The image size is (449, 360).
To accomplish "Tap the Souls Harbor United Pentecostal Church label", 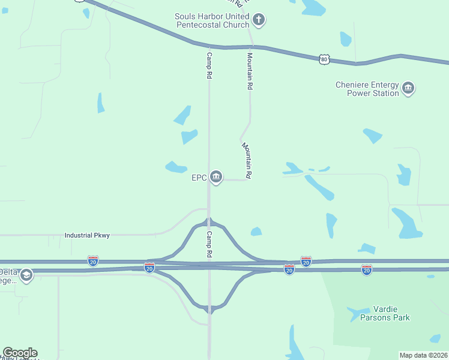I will (x=211, y=20).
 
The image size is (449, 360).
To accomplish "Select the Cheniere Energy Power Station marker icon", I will (x=408, y=89).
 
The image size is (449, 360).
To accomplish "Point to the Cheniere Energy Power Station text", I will (x=367, y=89).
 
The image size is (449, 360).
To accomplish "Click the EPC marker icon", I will (x=217, y=177).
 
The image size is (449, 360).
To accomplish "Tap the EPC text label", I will (x=199, y=178).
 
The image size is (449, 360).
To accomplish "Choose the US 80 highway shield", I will (x=324, y=59).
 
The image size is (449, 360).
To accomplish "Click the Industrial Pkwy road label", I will (x=87, y=236).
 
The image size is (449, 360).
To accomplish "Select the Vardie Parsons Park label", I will (x=385, y=313).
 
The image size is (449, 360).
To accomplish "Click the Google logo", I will (x=20, y=353).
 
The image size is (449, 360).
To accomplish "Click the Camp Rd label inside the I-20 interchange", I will (x=209, y=245).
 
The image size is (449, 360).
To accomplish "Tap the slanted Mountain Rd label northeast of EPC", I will (x=247, y=161).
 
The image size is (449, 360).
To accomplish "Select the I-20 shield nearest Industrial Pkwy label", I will (x=92, y=261).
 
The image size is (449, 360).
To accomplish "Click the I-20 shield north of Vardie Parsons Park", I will (x=367, y=270).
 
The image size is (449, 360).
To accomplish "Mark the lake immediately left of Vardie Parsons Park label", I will (x=357, y=313).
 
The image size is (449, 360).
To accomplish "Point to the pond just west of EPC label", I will (x=176, y=167).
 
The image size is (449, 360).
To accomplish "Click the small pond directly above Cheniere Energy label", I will (x=345, y=39).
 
